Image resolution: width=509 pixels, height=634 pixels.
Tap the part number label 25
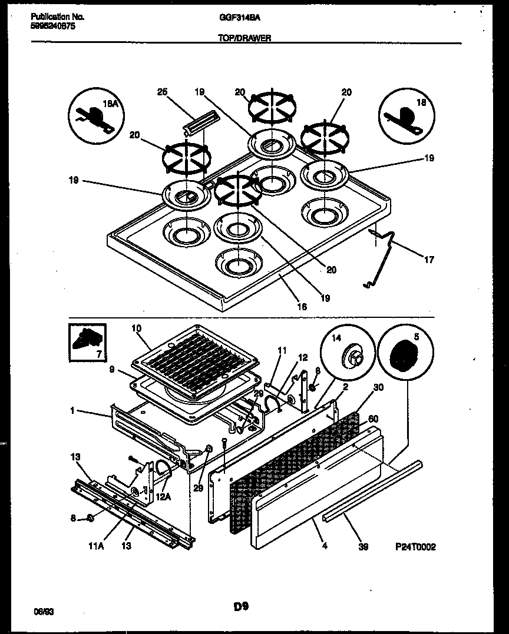(163, 92)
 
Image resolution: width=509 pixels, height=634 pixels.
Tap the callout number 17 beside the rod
(429, 259)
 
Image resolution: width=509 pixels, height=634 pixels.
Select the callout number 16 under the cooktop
(301, 307)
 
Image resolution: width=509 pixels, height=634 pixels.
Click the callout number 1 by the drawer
(72, 411)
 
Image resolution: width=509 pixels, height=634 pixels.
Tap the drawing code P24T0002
(415, 546)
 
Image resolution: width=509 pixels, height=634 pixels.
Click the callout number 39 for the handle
(363, 546)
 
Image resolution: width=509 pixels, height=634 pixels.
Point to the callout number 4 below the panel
(324, 546)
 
